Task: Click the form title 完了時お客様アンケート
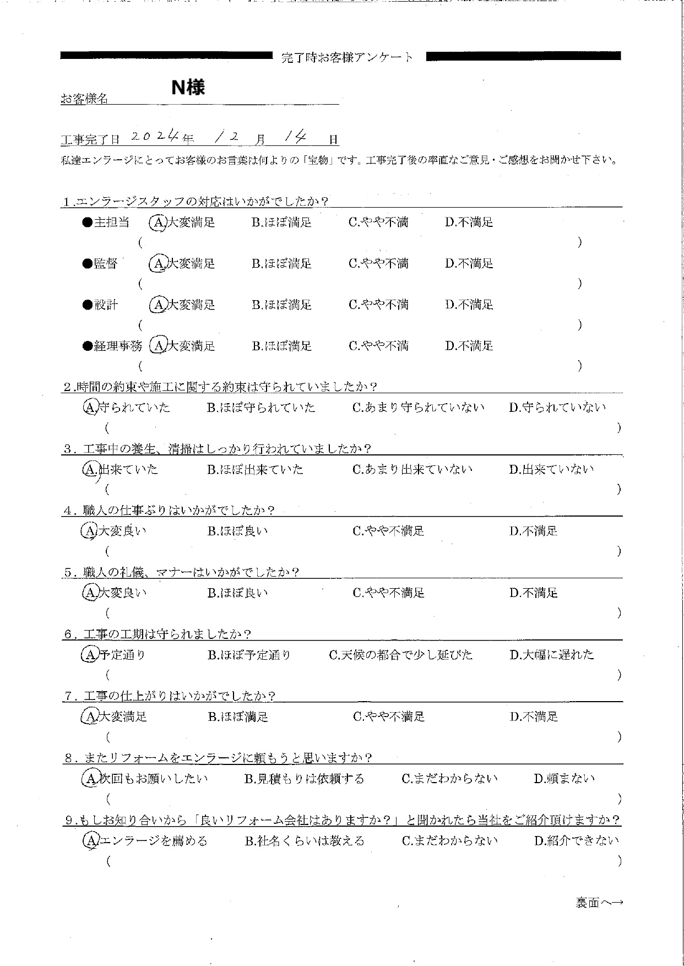347,57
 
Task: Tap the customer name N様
188,87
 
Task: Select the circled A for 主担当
158,222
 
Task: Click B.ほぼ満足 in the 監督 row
281,264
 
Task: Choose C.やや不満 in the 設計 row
378,305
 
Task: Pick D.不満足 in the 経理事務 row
469,346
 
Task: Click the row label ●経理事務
112,346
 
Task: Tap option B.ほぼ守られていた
261,408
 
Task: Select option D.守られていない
557,408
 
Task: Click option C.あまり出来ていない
412,470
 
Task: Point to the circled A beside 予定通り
89,655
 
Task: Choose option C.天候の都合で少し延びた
400,655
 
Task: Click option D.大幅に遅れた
551,655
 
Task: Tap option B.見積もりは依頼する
304,779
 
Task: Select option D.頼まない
564,779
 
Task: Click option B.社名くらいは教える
304,841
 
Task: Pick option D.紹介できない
577,841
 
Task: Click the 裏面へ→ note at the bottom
599,903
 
